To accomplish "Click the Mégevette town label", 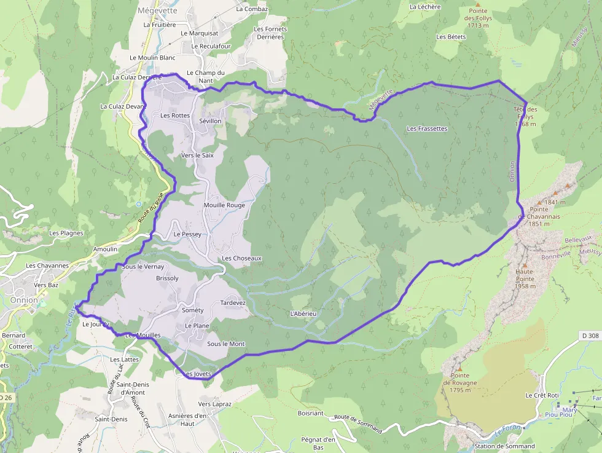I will pos(158,10).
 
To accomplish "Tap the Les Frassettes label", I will pos(427,128).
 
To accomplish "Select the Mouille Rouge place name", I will pos(224,205).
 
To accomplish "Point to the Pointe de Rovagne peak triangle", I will pos(459,368).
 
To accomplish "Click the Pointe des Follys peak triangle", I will pos(478,4).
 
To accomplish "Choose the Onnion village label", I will pos(24,300).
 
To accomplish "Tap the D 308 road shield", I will pos(589,335).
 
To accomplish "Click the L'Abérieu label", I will pos(303,313).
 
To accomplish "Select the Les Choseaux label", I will pos(242,258).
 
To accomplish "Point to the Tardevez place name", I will pos(233,303).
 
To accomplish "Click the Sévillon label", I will pos(210,121).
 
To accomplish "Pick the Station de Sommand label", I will pos(504,446).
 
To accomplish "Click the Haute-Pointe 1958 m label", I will pos(525,278).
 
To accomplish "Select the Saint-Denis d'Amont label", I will pos(132,388).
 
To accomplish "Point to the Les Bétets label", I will pos(451,37).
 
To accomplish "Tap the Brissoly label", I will pos(168,278).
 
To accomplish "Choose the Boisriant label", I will pos(310,413).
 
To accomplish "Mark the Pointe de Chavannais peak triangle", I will pos(539,202).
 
